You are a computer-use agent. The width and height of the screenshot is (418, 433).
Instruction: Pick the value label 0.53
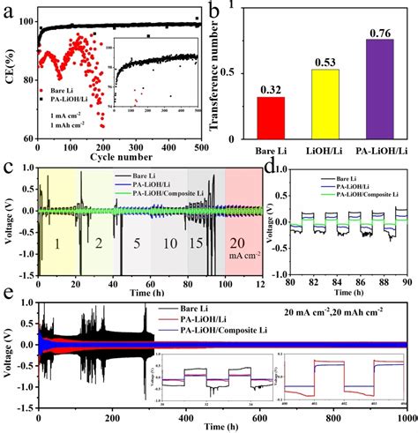point(324,63)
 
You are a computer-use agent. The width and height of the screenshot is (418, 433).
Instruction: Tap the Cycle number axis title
point(123,157)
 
